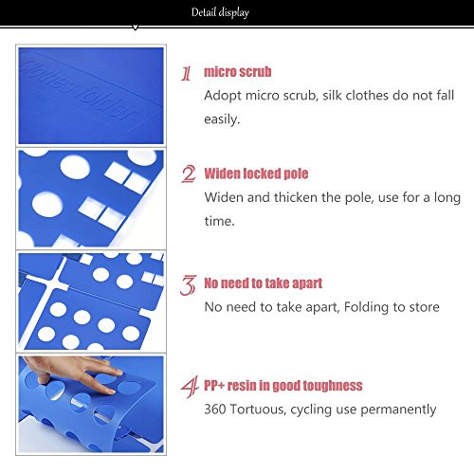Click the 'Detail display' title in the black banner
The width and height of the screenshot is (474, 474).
(220, 12)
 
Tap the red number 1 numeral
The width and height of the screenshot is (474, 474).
(187, 73)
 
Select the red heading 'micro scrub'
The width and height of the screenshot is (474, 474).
(238, 72)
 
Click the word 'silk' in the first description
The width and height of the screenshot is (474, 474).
(331, 95)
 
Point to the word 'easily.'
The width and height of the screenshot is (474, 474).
(222, 119)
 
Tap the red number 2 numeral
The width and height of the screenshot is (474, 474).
(189, 174)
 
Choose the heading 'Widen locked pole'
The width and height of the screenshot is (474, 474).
(256, 173)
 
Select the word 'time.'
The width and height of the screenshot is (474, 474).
(220, 221)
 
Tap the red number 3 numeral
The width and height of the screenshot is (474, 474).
(189, 285)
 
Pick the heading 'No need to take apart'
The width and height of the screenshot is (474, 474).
(264, 283)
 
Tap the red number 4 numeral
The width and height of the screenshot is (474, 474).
(190, 387)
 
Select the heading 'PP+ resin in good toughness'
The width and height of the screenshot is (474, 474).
(283, 386)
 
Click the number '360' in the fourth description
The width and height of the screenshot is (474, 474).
(215, 410)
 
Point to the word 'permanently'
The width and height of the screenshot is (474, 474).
(398, 410)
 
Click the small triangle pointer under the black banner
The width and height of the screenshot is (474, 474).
(136, 27)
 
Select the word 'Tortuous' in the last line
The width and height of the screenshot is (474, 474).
(258, 410)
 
